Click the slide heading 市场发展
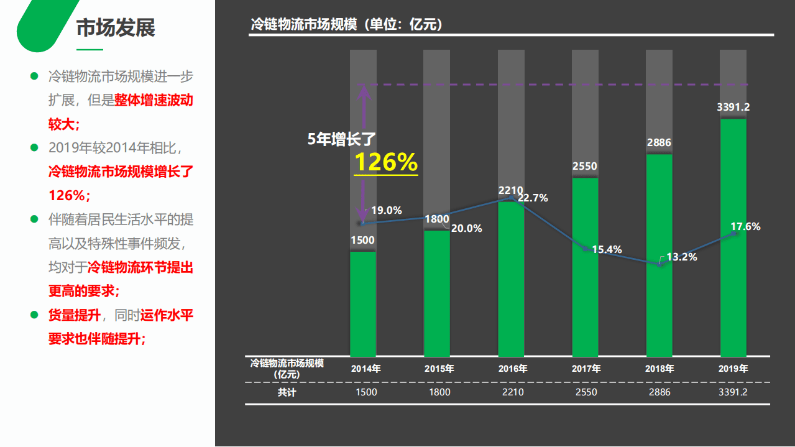point(116,28)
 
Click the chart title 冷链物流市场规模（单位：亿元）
point(346,24)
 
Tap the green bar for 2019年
point(733,236)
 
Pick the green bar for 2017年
point(585,267)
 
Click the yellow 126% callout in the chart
point(385,162)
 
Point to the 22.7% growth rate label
point(533,198)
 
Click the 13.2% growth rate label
point(682,257)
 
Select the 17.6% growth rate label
point(745,227)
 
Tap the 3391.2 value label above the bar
point(733,108)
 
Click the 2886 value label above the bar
point(659,143)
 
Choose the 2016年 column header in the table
point(513,369)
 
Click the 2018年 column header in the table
point(659,369)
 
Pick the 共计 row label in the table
point(287,393)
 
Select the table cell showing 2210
point(513,392)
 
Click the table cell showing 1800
point(439,392)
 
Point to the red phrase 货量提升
point(75,315)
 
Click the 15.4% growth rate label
point(607,250)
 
